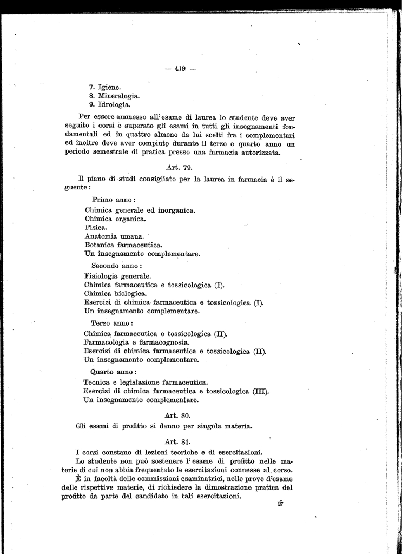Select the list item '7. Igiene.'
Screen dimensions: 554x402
pos(105,87)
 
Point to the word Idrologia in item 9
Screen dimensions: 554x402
pos(114,104)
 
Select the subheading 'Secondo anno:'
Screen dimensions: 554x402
pos(116,266)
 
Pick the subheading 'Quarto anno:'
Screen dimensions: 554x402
pos(113,372)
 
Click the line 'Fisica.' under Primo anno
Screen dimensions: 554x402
pos(96,228)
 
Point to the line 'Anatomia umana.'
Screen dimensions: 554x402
pos(114,236)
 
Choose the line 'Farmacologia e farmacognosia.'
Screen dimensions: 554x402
pos(137,342)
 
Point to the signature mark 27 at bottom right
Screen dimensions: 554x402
pos(281,504)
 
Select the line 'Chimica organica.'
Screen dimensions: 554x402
pos(115,219)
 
